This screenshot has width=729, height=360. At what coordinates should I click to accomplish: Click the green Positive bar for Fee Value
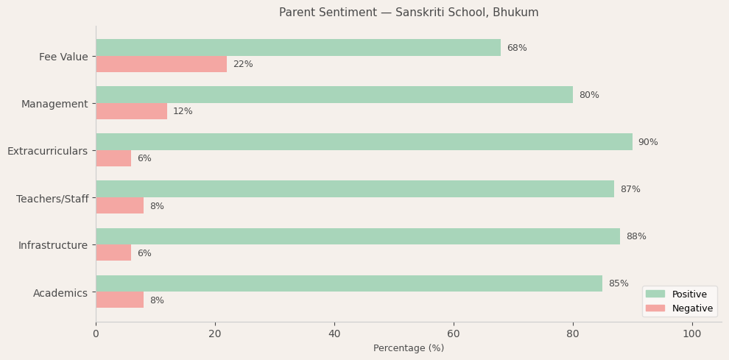coord(298,48)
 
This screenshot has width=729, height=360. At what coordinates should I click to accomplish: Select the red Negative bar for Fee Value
coord(161,64)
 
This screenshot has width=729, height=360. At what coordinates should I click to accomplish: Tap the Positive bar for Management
coord(334,95)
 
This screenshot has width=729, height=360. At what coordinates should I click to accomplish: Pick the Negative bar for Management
coord(131,111)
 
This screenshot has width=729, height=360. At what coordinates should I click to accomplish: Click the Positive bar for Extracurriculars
coord(364,142)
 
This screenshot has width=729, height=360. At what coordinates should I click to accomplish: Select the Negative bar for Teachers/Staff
coord(119,206)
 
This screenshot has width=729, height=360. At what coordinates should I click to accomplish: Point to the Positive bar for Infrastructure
coord(358,236)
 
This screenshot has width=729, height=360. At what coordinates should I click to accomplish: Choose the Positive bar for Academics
coord(349,283)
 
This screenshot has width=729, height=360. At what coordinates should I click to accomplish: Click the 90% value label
coord(648,142)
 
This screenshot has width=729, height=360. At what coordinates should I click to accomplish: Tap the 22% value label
coord(243,64)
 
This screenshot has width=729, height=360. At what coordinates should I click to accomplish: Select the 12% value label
coord(183,111)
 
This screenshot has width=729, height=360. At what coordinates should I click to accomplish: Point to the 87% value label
coord(630,189)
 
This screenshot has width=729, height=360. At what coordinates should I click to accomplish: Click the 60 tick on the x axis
coord(454,334)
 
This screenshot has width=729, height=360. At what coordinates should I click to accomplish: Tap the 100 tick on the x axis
coord(692,334)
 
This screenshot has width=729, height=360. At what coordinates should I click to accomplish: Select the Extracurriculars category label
coord(47,151)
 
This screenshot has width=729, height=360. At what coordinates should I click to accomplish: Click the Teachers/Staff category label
coord(52,199)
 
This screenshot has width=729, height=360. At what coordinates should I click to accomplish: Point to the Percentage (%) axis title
coord(409,348)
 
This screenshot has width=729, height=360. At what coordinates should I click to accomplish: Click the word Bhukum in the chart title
coord(516,13)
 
